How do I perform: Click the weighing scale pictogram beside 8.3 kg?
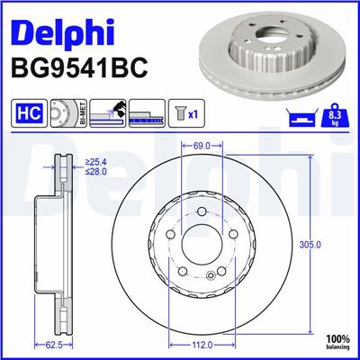pos(301,116)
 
